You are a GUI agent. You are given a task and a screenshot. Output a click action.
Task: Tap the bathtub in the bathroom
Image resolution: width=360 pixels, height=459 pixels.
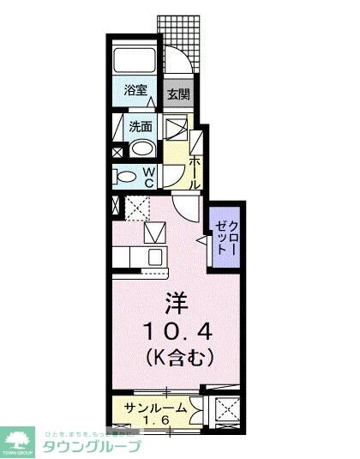click(x=135, y=60)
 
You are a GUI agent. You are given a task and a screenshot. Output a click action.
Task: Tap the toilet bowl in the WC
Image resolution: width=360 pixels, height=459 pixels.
click(x=126, y=178)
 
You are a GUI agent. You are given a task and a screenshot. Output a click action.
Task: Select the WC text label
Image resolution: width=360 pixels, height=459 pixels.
click(x=149, y=177)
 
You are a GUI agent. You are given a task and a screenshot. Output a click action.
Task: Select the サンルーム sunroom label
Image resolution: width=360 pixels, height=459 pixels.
click(x=155, y=408)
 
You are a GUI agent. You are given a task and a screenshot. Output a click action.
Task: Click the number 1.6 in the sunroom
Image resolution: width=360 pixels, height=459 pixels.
click(x=155, y=420)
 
